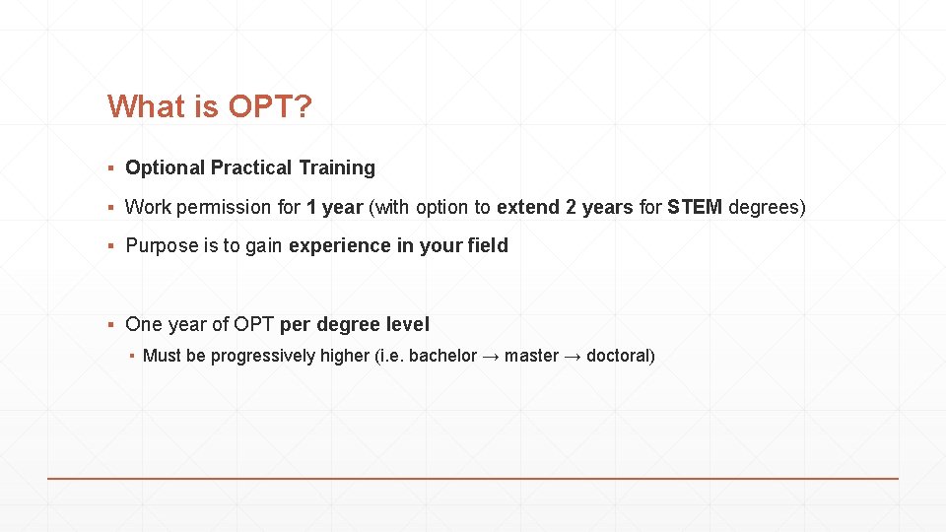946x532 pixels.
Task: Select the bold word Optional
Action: pos(165,168)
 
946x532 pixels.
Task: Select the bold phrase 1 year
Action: pos(335,208)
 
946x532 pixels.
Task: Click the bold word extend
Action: pos(529,208)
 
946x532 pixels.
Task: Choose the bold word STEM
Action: pos(695,208)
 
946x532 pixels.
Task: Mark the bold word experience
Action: pos(339,246)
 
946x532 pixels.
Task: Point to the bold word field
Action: pos(488,246)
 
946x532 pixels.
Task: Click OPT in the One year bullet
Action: pos(254,324)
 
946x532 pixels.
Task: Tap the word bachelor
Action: pos(442,356)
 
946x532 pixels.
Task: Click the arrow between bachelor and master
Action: pos(491,356)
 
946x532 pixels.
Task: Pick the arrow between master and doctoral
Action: pos(573,356)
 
